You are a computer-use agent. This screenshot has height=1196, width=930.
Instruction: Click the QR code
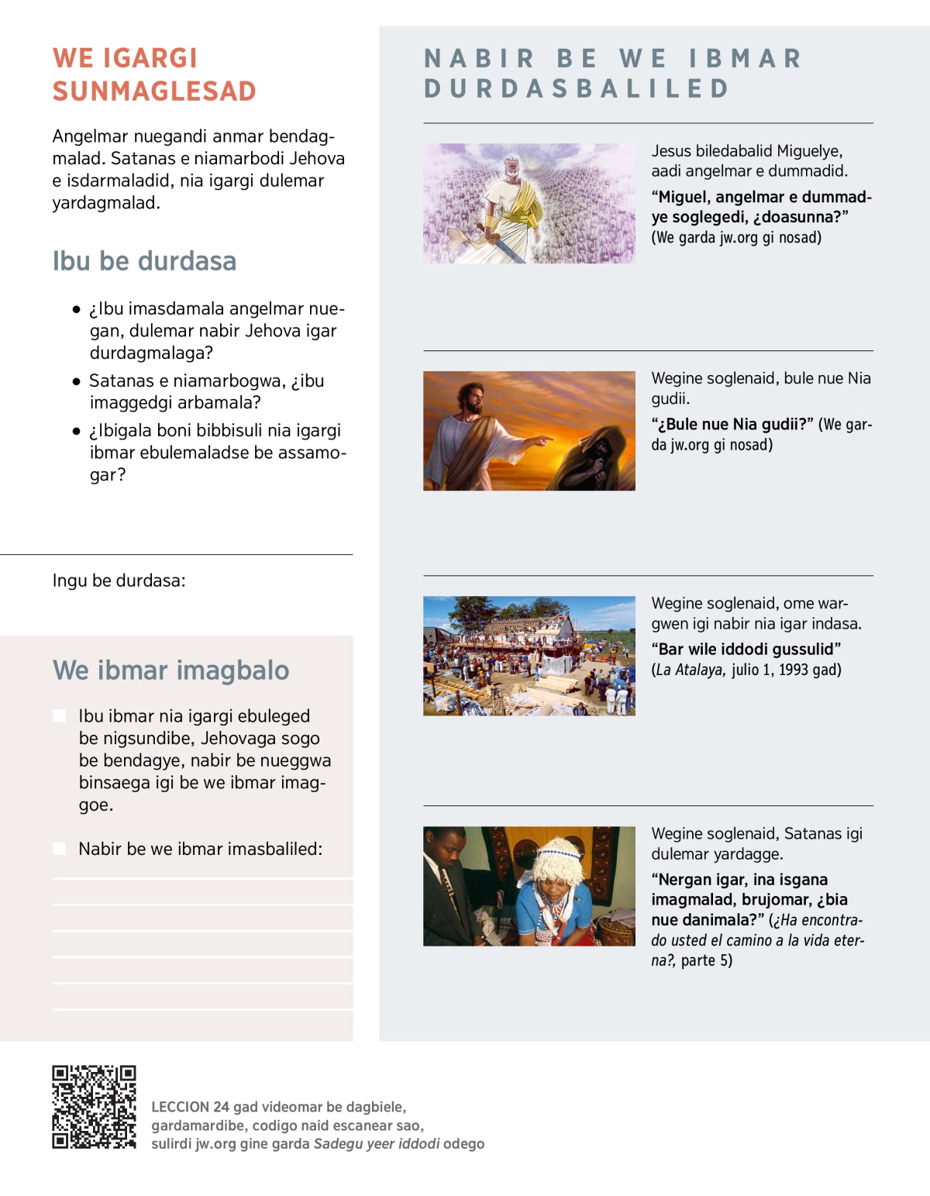94,1107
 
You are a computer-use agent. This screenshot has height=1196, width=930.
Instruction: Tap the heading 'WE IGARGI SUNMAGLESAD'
154,74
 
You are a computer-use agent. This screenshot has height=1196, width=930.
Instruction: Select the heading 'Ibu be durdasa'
144,261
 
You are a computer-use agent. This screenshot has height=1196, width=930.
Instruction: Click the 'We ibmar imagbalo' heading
170,670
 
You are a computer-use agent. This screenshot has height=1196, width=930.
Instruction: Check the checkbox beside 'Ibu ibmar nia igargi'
60,716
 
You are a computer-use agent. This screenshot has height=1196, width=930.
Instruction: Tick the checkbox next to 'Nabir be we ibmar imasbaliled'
60,849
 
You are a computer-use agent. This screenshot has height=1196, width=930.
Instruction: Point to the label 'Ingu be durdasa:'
119,581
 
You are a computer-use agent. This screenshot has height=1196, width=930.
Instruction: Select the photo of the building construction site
529,656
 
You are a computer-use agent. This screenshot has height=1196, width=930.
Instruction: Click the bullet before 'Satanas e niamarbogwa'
76,381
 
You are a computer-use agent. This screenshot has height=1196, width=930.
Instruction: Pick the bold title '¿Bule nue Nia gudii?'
732,425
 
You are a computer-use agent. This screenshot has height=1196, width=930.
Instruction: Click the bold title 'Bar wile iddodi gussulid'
746,650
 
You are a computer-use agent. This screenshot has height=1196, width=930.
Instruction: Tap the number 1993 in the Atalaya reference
794,670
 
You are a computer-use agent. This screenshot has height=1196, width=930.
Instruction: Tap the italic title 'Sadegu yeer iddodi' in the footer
377,1144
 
